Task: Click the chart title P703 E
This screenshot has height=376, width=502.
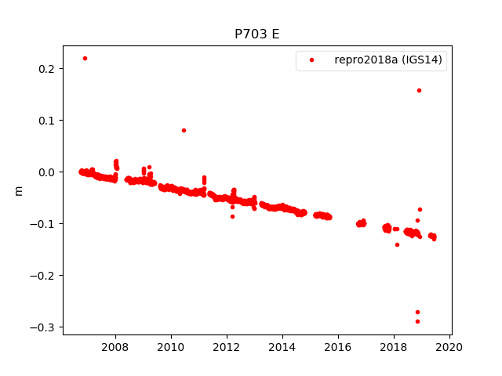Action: [x=256, y=34]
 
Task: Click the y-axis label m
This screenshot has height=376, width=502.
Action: [x=19, y=190]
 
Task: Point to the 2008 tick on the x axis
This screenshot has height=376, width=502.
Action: [x=115, y=346]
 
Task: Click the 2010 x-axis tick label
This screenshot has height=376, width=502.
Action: [x=171, y=346]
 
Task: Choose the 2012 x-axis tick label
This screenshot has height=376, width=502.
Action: [x=227, y=346]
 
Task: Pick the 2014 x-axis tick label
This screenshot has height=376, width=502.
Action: [x=282, y=346]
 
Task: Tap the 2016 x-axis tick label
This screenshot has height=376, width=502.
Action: [x=338, y=346]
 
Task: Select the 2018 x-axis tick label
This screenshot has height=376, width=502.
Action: [x=394, y=346]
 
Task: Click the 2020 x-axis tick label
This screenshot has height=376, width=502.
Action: [x=449, y=346]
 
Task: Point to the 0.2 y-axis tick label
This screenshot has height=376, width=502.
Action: [x=48, y=69]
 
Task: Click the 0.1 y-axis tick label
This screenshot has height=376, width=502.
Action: [x=48, y=121]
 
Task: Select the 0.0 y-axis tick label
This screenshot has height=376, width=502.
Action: [x=48, y=172]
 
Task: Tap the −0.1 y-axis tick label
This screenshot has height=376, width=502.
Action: [x=45, y=224]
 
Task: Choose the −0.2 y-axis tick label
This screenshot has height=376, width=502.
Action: [x=45, y=276]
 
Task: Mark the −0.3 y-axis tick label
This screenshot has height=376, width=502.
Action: [x=45, y=327]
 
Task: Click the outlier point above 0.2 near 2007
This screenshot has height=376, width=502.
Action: [x=85, y=58]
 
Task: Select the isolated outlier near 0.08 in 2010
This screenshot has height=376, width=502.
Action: [x=184, y=130]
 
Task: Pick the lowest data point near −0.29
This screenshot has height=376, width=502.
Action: [x=417, y=321]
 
